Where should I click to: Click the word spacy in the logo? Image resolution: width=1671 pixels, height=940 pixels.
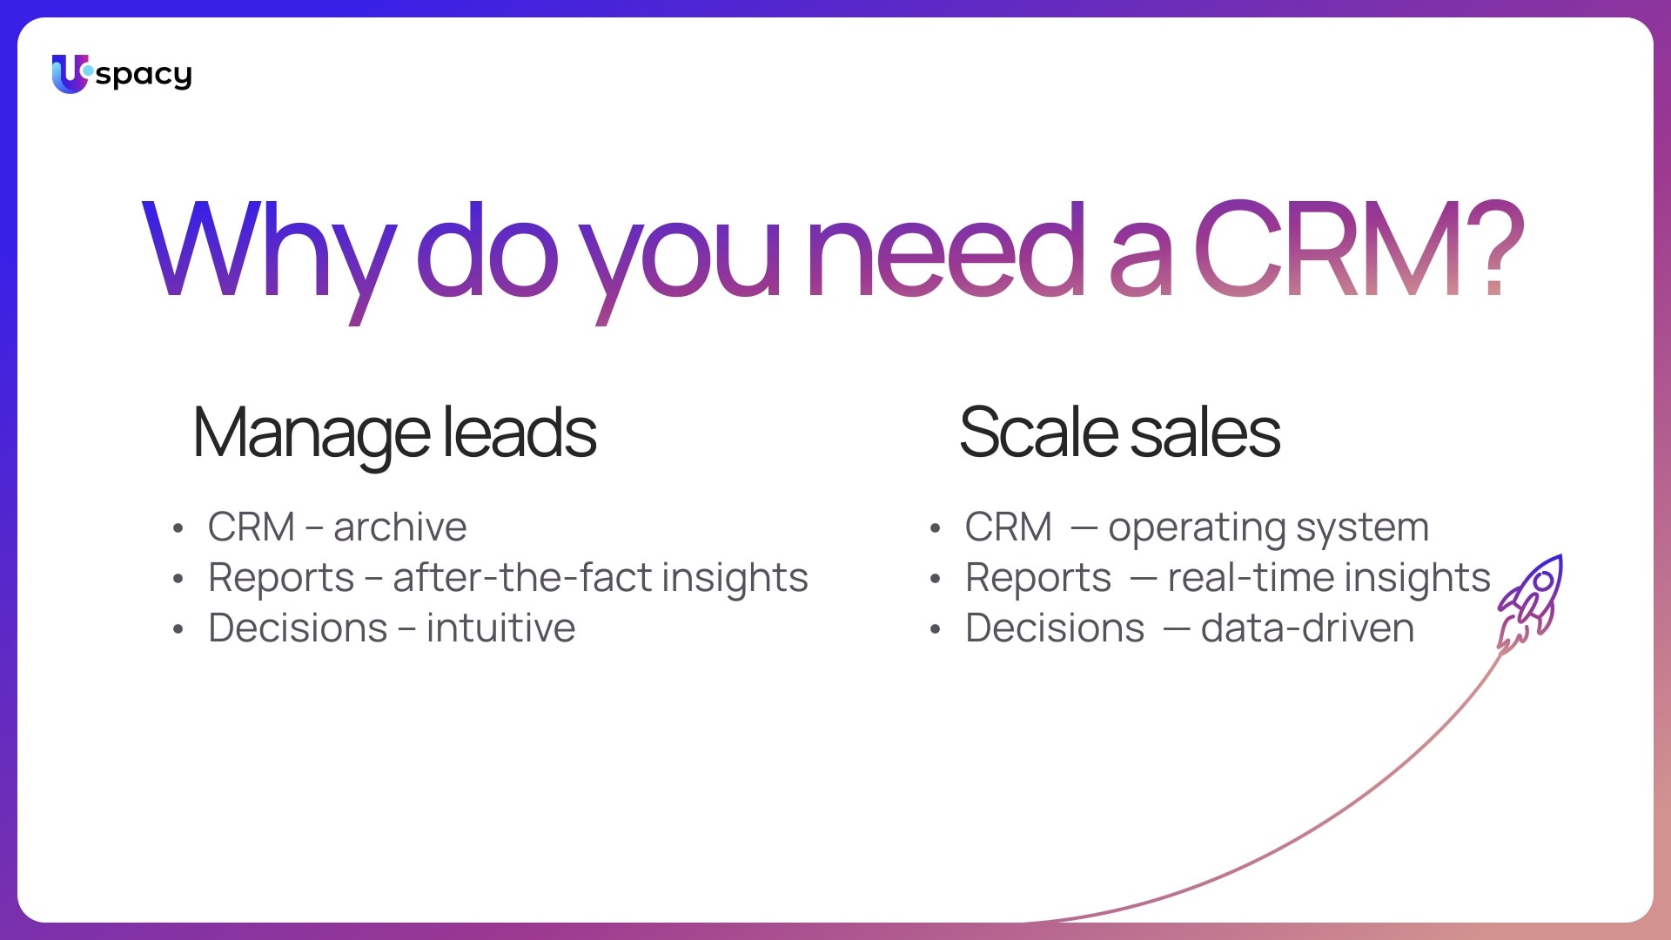point(144,76)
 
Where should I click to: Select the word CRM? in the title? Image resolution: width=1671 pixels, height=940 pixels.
point(1359,249)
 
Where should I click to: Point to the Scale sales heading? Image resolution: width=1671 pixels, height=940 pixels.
point(1120,433)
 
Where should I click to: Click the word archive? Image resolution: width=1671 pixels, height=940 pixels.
point(400,527)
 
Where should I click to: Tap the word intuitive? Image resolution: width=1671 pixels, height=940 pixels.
point(500,628)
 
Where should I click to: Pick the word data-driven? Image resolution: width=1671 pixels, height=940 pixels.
point(1307,628)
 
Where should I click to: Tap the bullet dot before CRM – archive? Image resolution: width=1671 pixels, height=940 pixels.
point(178,528)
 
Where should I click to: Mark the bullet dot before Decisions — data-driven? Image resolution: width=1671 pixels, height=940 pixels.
point(936,629)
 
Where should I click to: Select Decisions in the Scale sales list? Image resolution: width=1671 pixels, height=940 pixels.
point(1055,628)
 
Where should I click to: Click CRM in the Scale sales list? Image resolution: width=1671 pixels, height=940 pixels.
point(1009,527)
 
